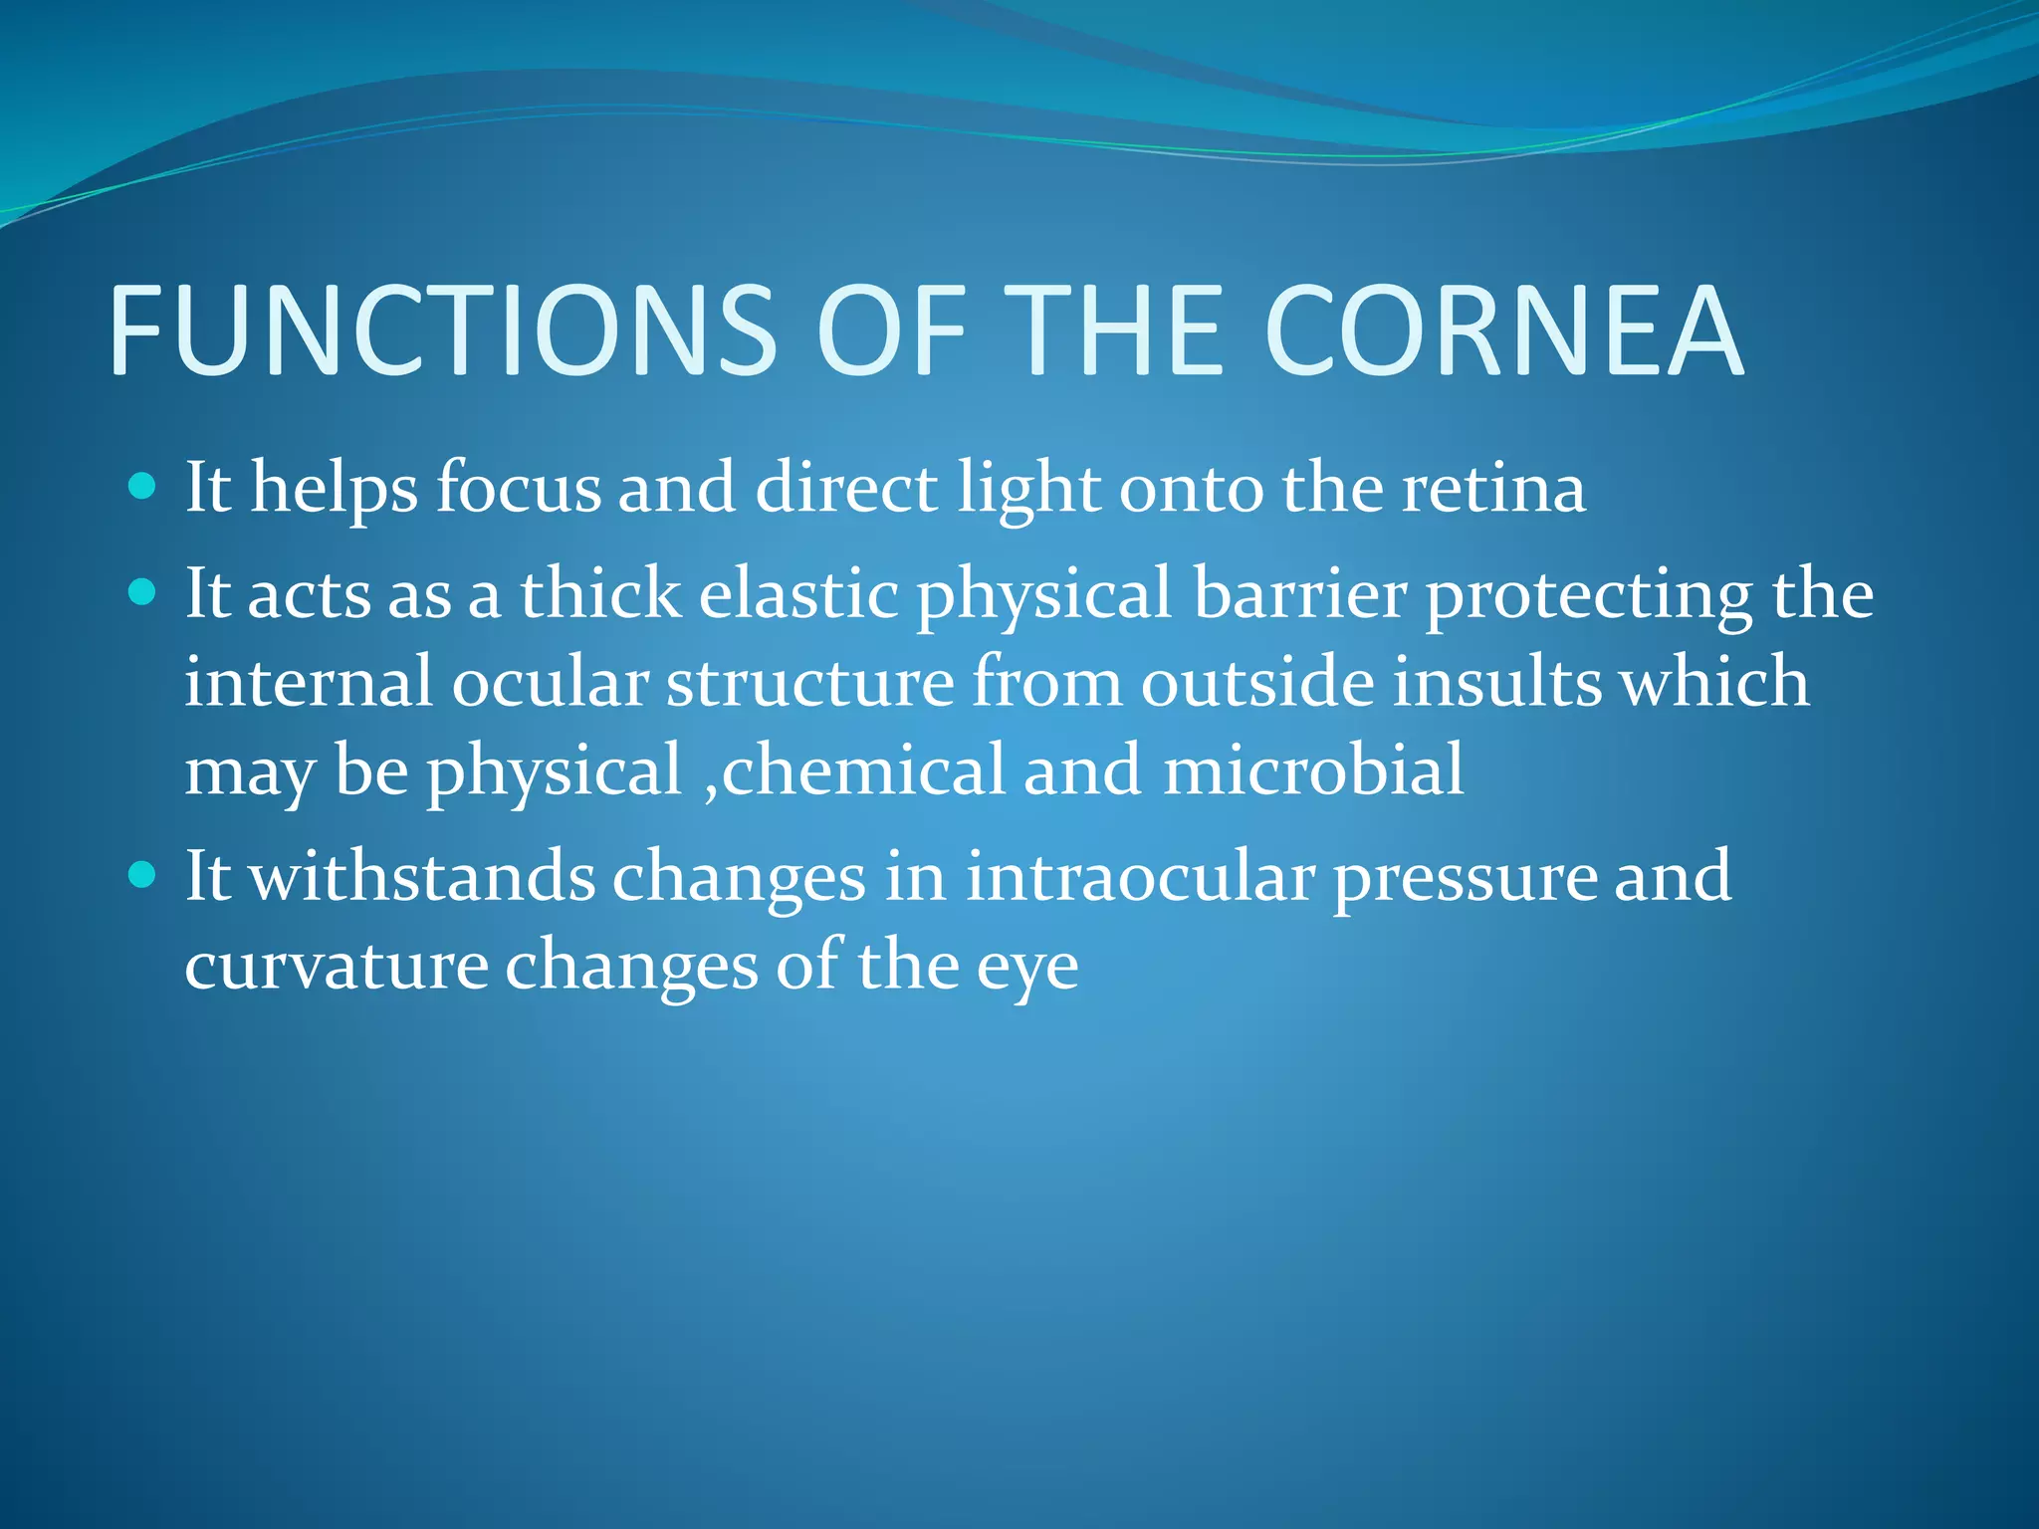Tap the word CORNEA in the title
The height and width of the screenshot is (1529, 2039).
point(1503,330)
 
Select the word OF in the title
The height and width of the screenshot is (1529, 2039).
point(891,330)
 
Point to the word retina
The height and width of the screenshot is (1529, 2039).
point(1493,489)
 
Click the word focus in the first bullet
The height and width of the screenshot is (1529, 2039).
point(519,489)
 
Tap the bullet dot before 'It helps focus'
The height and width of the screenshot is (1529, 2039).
point(143,487)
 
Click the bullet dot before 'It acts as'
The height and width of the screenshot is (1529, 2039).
point(143,593)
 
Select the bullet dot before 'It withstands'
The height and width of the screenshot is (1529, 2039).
point(143,876)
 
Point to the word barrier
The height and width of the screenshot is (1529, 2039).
point(1300,594)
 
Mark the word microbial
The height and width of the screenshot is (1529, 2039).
point(1313,770)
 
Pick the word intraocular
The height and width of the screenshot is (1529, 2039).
point(1140,877)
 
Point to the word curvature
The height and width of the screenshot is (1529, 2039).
point(336,966)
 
